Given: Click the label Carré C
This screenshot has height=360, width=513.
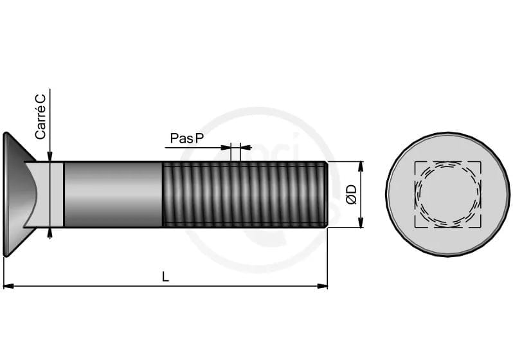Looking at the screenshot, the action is (x=40, y=117).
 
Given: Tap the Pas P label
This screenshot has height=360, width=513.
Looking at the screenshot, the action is (x=187, y=138).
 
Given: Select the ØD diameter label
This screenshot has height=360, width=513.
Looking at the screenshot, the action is (x=352, y=194).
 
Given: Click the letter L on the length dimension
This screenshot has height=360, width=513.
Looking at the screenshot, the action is (x=166, y=277).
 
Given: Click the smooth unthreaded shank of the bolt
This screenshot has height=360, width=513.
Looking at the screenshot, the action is (x=113, y=194).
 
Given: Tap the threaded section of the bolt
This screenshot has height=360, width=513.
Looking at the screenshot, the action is (x=245, y=194).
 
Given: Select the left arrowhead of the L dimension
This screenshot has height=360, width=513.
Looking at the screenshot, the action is (x=8, y=286).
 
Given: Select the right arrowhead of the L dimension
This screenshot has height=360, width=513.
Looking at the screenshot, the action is (x=323, y=286).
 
